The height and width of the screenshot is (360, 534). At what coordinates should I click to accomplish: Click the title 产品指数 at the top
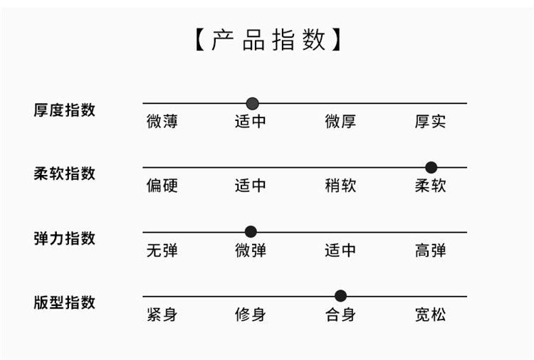point(268,40)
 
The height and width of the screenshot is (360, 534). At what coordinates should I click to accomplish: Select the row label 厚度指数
point(64,110)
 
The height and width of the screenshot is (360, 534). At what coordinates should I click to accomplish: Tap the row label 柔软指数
point(64,174)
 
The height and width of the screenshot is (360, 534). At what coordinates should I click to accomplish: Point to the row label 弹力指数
point(64,238)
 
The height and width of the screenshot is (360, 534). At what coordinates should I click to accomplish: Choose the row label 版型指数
point(64,302)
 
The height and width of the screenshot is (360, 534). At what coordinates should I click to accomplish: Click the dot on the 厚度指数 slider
point(252,104)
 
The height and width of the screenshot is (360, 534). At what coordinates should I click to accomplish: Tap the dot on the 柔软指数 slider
point(431,168)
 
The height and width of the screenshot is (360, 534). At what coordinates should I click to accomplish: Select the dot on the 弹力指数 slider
point(251,232)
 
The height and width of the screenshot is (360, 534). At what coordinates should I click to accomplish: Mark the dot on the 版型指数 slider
point(340,296)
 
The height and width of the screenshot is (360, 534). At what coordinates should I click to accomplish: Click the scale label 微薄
point(162,122)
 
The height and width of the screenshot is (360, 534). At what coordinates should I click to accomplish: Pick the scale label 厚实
point(430,122)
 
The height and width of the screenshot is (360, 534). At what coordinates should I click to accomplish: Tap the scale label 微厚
point(340,122)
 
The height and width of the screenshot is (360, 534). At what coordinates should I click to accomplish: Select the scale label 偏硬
point(162,186)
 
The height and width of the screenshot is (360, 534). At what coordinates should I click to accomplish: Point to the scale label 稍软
point(340,186)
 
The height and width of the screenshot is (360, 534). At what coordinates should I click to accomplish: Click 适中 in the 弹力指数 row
point(340,250)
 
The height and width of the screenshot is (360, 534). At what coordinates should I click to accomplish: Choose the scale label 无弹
point(162,250)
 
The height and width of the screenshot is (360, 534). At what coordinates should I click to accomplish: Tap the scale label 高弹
point(430,250)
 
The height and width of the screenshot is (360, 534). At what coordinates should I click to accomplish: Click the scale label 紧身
point(162,314)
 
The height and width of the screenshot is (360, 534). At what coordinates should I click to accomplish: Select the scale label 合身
point(340,314)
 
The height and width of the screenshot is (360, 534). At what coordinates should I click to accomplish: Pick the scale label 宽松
point(430,314)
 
